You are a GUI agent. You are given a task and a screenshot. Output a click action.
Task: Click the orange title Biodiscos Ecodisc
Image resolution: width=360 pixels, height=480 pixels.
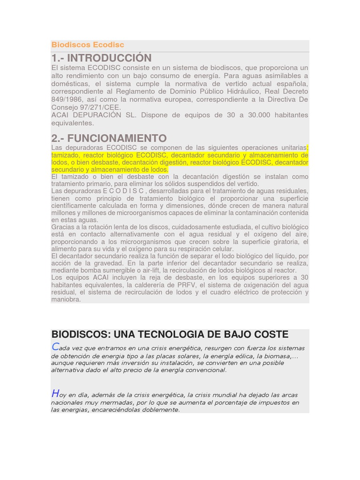(x=88, y=45)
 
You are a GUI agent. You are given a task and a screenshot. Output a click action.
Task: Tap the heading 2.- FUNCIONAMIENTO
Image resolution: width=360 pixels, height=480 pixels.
(x=109, y=138)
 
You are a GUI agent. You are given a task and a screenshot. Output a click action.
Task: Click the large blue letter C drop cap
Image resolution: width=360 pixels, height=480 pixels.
(x=55, y=347)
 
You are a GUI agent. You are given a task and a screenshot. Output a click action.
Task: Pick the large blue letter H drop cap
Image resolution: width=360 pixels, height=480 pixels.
(x=55, y=394)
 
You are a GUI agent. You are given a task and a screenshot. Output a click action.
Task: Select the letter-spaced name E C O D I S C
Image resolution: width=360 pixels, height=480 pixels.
(x=123, y=191)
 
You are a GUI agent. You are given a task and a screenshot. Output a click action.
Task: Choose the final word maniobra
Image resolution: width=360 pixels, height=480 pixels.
(x=66, y=300)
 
